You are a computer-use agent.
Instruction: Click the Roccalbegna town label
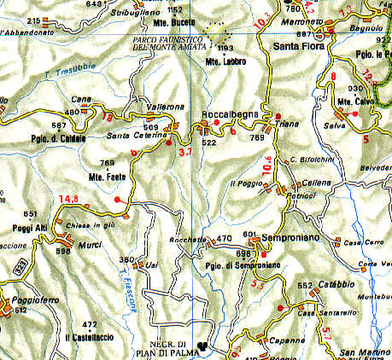(x=227, y=113)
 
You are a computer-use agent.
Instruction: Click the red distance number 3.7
(x=186, y=153)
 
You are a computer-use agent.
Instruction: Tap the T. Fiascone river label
(x=129, y=291)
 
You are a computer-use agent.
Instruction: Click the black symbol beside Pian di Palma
(x=202, y=346)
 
